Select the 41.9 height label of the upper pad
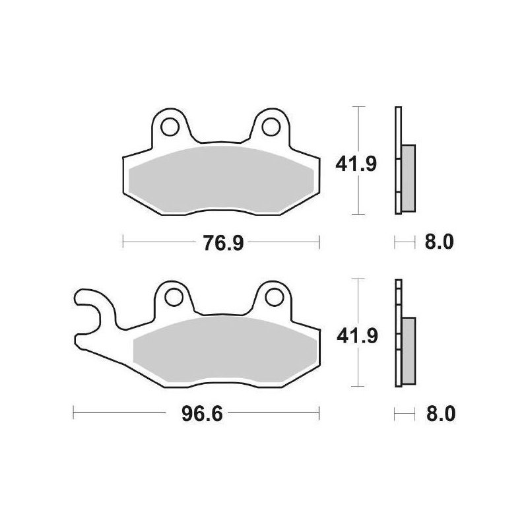click(x=357, y=163)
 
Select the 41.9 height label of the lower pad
click(x=357, y=336)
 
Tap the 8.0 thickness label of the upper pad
click(x=438, y=243)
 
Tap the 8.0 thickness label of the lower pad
click(x=438, y=415)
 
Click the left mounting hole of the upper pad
click(x=170, y=125)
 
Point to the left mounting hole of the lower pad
click(x=174, y=298)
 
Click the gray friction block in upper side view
click(x=409, y=178)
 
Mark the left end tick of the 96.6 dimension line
click(x=73, y=414)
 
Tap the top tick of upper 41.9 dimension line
click(x=357, y=107)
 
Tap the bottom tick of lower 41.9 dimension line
click(x=357, y=386)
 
